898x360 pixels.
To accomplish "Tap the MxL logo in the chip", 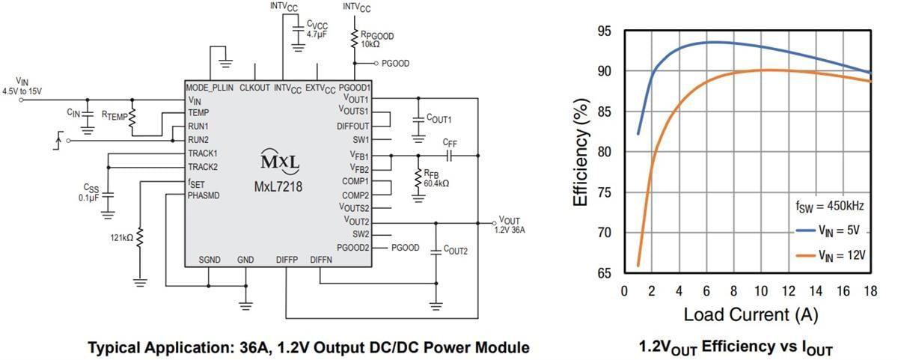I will (x=278, y=162).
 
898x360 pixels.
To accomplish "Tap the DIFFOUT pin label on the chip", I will (x=353, y=126).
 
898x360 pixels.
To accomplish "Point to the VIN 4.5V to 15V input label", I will (x=22, y=86).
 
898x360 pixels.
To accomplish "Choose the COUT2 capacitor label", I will (x=456, y=250).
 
